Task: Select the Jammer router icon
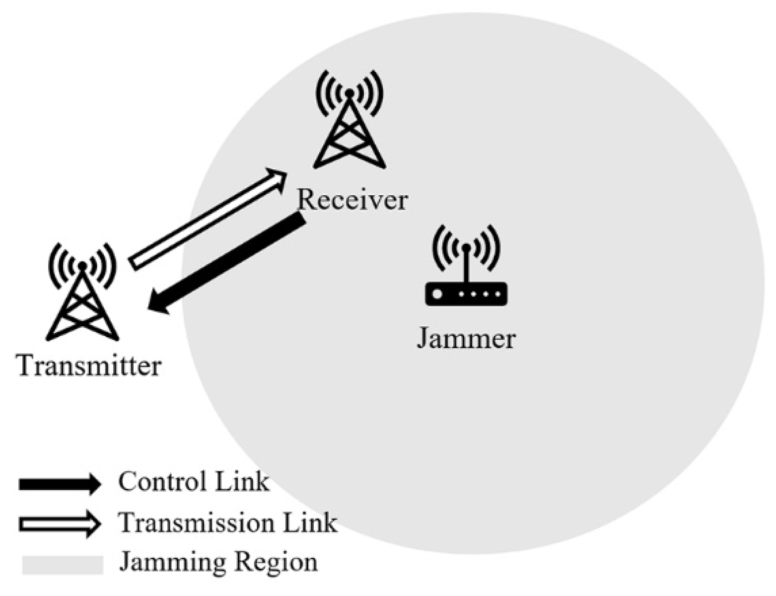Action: click(x=466, y=268)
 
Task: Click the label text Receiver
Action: click(x=352, y=201)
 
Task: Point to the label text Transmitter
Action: click(x=89, y=366)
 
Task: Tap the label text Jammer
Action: click(x=466, y=339)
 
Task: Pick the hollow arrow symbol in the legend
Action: click(x=60, y=524)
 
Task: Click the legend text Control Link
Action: click(x=194, y=482)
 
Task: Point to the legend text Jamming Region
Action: click(x=218, y=563)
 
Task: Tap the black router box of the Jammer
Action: click(x=466, y=294)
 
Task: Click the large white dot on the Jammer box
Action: click(x=437, y=294)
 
